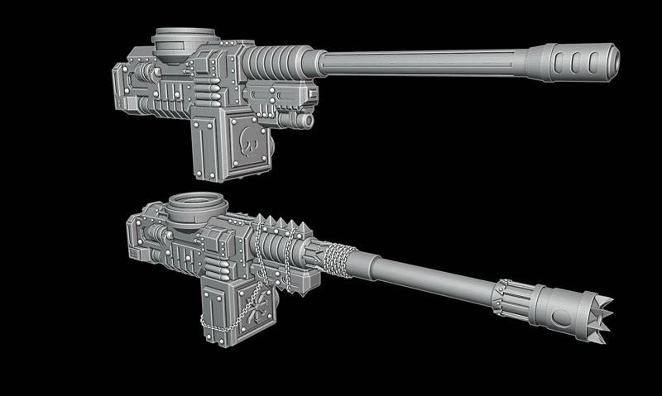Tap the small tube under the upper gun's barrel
295,120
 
